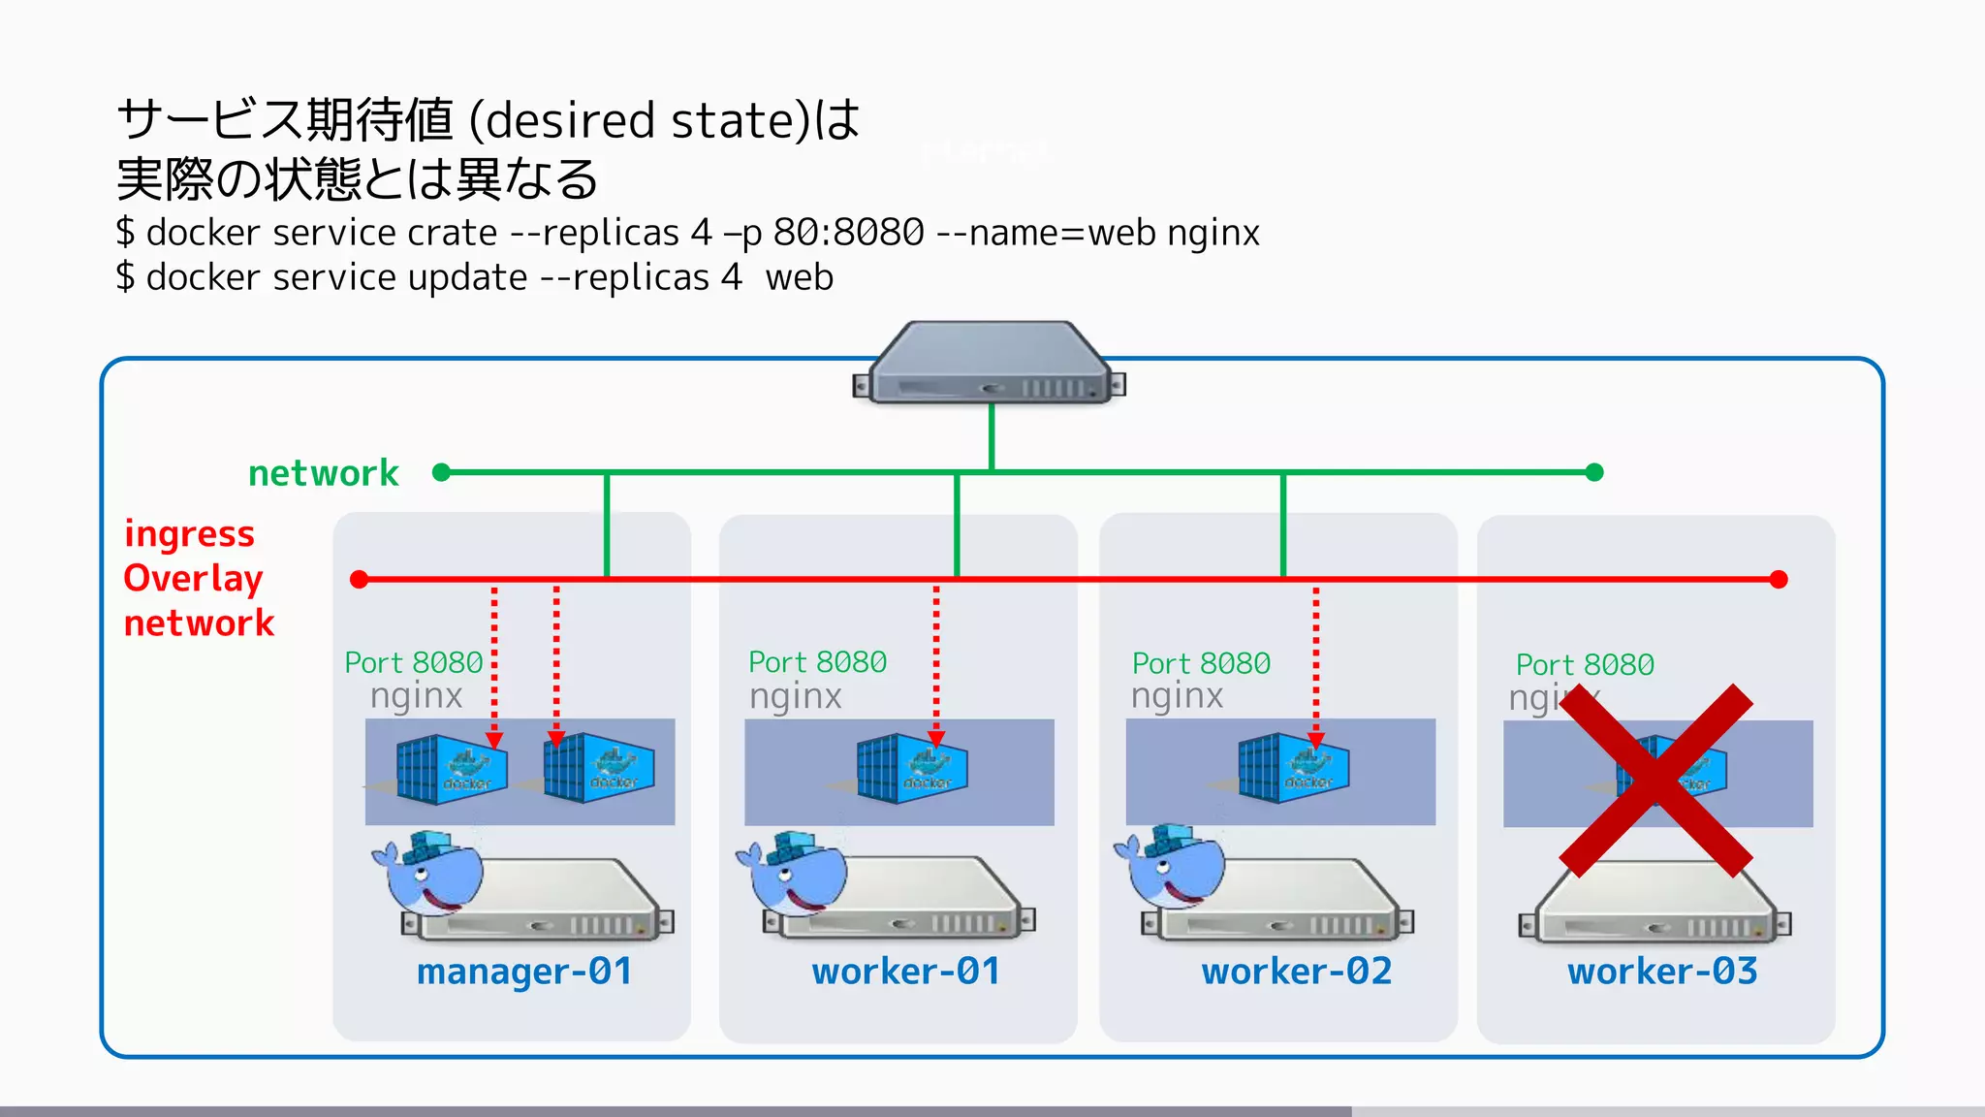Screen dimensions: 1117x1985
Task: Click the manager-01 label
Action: (524, 972)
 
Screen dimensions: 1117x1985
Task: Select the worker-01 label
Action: (905, 972)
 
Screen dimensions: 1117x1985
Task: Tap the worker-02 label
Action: (1296, 972)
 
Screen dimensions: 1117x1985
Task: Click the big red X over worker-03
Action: (1655, 781)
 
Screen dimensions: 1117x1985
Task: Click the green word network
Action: (323, 473)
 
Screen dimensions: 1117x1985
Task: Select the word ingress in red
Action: (189, 534)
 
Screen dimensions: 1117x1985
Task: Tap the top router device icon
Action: (989, 366)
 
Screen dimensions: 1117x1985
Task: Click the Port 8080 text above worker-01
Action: (817, 662)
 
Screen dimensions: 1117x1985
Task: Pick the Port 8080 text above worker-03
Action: (1585, 665)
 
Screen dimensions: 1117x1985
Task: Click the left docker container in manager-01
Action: (451, 770)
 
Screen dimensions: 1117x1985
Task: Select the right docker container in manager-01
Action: (598, 769)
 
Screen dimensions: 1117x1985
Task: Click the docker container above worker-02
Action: (1293, 769)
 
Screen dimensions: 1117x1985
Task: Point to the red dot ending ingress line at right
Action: (1778, 580)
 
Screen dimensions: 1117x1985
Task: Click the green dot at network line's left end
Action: (441, 472)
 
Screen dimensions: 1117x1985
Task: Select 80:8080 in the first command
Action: (848, 234)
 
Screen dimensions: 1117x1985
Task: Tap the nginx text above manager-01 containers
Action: (416, 696)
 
